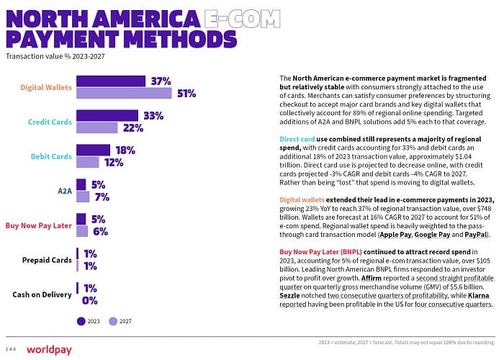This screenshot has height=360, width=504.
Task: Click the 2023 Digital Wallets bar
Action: click(111, 81)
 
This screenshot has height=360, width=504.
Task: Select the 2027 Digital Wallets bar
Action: click(124, 93)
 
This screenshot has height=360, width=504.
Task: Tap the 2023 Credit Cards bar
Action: click(107, 115)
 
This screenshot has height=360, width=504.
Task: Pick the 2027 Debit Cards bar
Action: click(88, 162)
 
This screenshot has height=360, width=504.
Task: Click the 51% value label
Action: click(187, 93)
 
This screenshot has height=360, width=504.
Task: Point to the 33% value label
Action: click(153, 115)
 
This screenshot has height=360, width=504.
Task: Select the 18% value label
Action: click(125, 150)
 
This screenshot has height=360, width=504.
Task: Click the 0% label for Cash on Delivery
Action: click(90, 300)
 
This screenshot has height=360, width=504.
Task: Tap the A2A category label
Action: click(65, 191)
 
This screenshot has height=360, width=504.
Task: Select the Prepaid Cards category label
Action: click(43, 260)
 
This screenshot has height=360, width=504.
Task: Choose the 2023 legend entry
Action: click(90, 321)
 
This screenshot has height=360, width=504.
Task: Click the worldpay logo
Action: click(48, 349)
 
